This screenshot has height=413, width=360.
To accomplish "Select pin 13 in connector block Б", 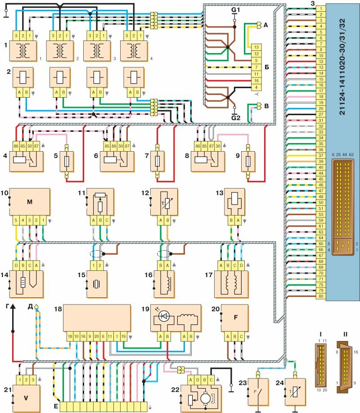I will tap(256, 47).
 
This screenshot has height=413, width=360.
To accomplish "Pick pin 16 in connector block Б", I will tap(256, 79).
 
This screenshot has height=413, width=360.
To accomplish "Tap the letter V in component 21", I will tap(27, 397).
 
